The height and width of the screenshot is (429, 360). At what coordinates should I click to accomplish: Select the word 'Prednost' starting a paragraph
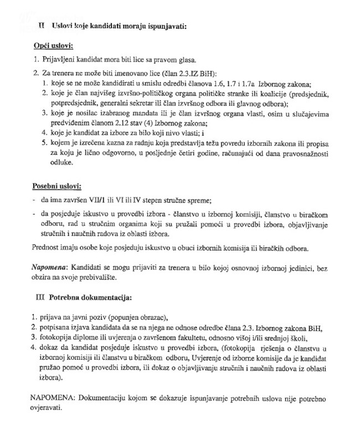46,248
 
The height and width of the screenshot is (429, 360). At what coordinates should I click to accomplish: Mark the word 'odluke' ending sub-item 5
61,164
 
